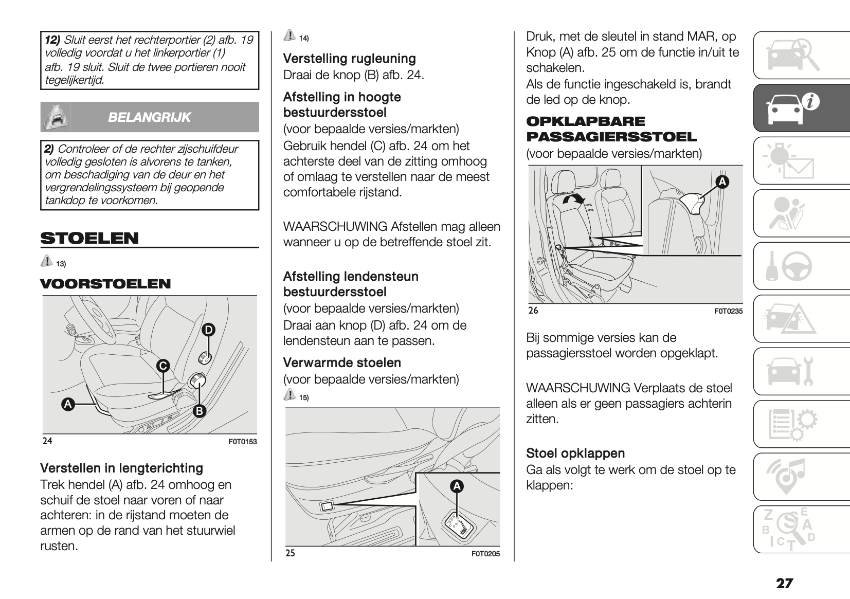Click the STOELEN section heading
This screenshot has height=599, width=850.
coord(89,239)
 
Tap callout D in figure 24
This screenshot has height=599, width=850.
coord(208,330)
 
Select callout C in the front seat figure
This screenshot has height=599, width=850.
coord(163,366)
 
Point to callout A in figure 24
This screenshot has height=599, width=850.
coord(67,404)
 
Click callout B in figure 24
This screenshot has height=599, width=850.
coord(199,411)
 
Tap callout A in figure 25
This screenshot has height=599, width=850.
coord(457,486)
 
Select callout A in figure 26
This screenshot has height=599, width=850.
coord(722,181)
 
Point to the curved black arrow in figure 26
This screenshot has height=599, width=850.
coord(573,202)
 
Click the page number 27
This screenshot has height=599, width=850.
coord(785,583)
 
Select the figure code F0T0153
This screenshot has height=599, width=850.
coord(243,442)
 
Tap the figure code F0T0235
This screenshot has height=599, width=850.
coord(728,311)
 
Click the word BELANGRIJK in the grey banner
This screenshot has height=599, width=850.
coord(149,117)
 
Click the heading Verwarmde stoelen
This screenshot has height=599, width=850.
coord(342,363)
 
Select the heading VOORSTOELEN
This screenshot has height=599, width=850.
coord(105,284)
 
